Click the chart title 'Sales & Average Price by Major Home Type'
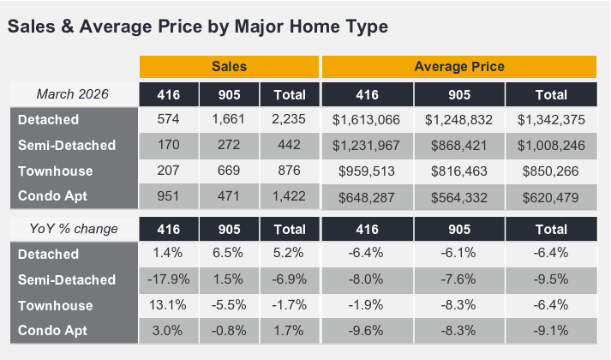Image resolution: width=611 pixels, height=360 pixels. [x=197, y=27]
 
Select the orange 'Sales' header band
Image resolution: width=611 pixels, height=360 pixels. [x=229, y=67]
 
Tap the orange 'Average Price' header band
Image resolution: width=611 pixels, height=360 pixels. [x=458, y=67]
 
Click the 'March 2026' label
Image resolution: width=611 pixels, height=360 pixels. [x=74, y=94]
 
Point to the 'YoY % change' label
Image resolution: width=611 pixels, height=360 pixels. [x=74, y=229]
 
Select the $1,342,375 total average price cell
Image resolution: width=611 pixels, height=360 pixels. [x=550, y=120]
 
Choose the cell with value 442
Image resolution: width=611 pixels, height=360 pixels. [x=289, y=146]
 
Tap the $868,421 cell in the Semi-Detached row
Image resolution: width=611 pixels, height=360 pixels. [x=458, y=146]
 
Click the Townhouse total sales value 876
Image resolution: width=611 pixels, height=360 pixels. [x=289, y=171]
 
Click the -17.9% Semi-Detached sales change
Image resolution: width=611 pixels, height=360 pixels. [x=169, y=279]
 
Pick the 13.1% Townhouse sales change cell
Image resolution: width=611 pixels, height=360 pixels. [x=169, y=305]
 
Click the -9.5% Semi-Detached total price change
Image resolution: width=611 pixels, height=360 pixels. [x=550, y=279]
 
